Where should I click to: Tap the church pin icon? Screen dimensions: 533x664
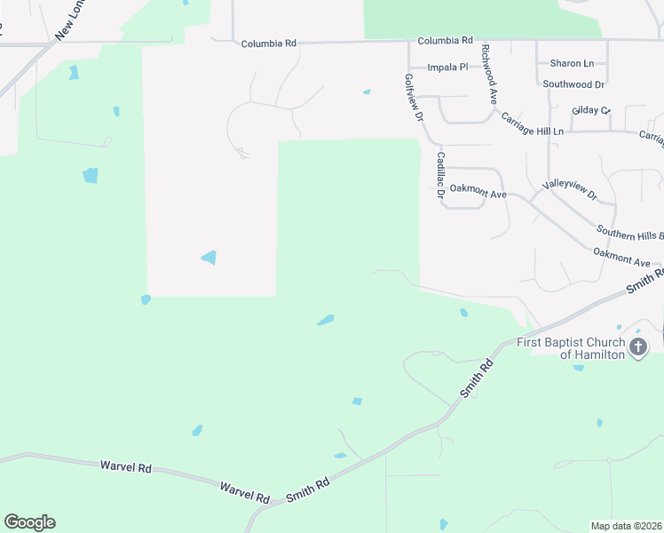pyautogui.click(x=638, y=347)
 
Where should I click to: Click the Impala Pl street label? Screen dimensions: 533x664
pyautogui.click(x=447, y=67)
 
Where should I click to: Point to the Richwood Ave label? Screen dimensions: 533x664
pyautogui.click(x=487, y=76)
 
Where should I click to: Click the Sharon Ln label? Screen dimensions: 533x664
pyautogui.click(x=572, y=63)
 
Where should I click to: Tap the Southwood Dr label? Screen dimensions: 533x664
pyautogui.click(x=573, y=84)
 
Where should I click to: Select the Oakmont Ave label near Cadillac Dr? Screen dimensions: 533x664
pyautogui.click(x=478, y=190)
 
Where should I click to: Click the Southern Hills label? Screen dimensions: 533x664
pyautogui.click(x=629, y=233)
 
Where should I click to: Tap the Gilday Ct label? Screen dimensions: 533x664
pyautogui.click(x=591, y=110)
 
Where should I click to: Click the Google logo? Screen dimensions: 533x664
pyautogui.click(x=29, y=522)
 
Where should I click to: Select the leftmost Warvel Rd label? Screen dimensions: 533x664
pyautogui.click(x=125, y=465)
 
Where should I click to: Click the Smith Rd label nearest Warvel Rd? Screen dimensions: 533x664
pyautogui.click(x=308, y=490)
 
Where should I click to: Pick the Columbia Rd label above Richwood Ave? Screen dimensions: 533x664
pyautogui.click(x=445, y=41)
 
